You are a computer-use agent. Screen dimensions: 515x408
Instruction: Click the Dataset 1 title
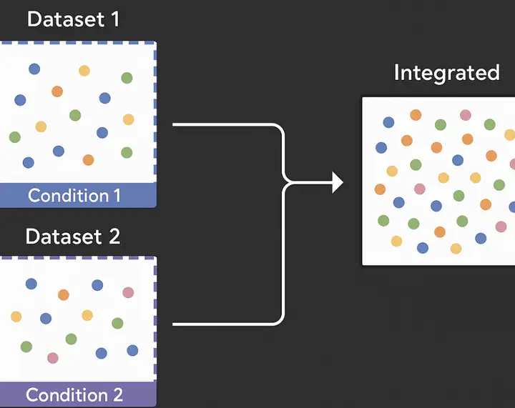[73, 19]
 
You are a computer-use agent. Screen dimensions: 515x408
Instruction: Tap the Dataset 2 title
[73, 236]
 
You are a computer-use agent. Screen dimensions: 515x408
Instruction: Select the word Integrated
[446, 74]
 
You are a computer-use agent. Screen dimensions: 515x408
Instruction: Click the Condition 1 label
[74, 196]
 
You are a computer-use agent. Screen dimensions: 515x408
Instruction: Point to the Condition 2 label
[74, 394]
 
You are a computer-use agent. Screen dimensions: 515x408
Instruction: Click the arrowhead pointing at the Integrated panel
[338, 182]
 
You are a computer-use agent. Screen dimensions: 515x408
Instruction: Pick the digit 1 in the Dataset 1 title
[115, 19]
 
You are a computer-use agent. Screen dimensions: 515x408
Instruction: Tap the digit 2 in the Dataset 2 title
[114, 236]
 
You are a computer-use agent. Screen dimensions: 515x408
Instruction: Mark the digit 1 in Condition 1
[117, 196]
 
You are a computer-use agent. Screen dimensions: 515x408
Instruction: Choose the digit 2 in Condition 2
[118, 394]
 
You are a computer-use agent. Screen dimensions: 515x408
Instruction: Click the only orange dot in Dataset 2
[64, 295]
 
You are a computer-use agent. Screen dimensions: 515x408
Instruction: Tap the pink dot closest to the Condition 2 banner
[52, 358]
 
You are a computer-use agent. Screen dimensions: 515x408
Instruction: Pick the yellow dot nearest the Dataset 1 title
[84, 71]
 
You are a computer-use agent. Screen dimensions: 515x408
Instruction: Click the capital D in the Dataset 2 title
[32, 236]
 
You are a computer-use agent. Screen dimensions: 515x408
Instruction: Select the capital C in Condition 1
[34, 196]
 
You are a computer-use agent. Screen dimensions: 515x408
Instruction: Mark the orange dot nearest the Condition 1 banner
[89, 160]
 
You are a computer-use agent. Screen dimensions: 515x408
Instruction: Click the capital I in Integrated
[396, 72]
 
